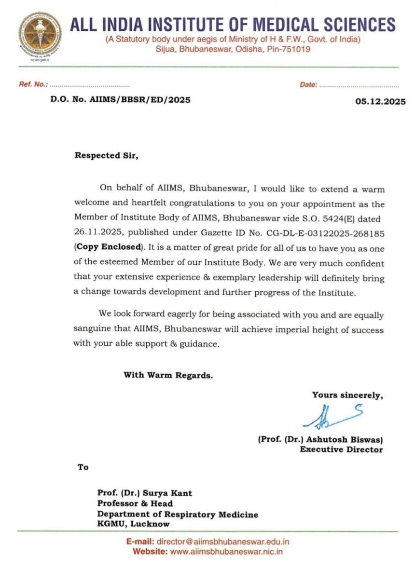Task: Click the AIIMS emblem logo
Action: pos(40,33)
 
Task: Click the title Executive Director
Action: pos(341,449)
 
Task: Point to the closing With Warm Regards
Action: pos(168,375)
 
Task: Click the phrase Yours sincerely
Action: pos(347,395)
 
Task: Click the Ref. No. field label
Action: pos(33,84)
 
